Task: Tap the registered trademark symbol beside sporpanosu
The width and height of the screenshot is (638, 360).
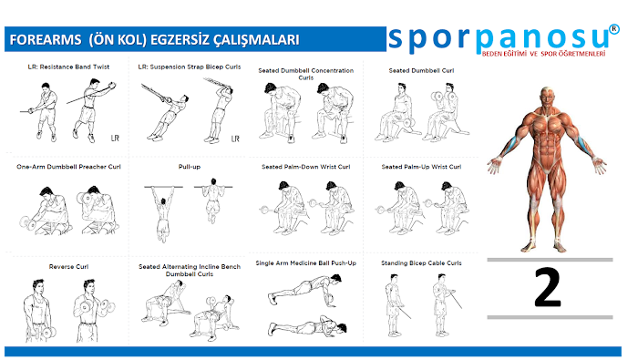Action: [x=614, y=29]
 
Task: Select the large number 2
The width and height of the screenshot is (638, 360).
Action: [x=548, y=288]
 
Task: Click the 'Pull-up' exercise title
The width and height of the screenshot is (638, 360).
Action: [x=190, y=167]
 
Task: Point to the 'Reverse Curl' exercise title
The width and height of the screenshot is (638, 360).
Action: [x=68, y=267]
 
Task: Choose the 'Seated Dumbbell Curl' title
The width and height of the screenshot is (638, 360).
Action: [x=421, y=71]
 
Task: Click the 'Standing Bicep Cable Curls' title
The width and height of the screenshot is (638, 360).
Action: [x=421, y=263]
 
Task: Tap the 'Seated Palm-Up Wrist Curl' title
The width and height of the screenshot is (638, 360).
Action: [x=421, y=167]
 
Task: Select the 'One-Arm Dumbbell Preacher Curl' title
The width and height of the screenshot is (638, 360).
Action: [x=68, y=167]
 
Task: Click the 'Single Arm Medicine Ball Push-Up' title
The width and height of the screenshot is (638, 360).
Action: [x=305, y=263]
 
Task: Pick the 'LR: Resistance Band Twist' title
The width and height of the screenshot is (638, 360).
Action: [x=68, y=67]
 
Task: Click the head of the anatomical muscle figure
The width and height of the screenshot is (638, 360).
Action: [x=547, y=96]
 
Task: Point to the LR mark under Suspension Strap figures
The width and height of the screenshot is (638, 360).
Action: [x=235, y=139]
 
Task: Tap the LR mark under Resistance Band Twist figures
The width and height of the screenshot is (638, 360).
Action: [x=115, y=139]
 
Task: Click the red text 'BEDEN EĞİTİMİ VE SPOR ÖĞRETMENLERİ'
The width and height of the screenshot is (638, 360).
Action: [x=543, y=54]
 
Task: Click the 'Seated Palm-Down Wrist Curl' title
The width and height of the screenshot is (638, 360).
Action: [x=305, y=167]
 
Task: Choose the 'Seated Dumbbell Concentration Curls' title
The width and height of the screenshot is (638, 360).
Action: [x=305, y=74]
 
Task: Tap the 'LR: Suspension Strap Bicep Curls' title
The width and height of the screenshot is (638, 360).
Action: [x=190, y=67]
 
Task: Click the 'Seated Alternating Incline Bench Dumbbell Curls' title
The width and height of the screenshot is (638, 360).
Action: [x=190, y=271]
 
